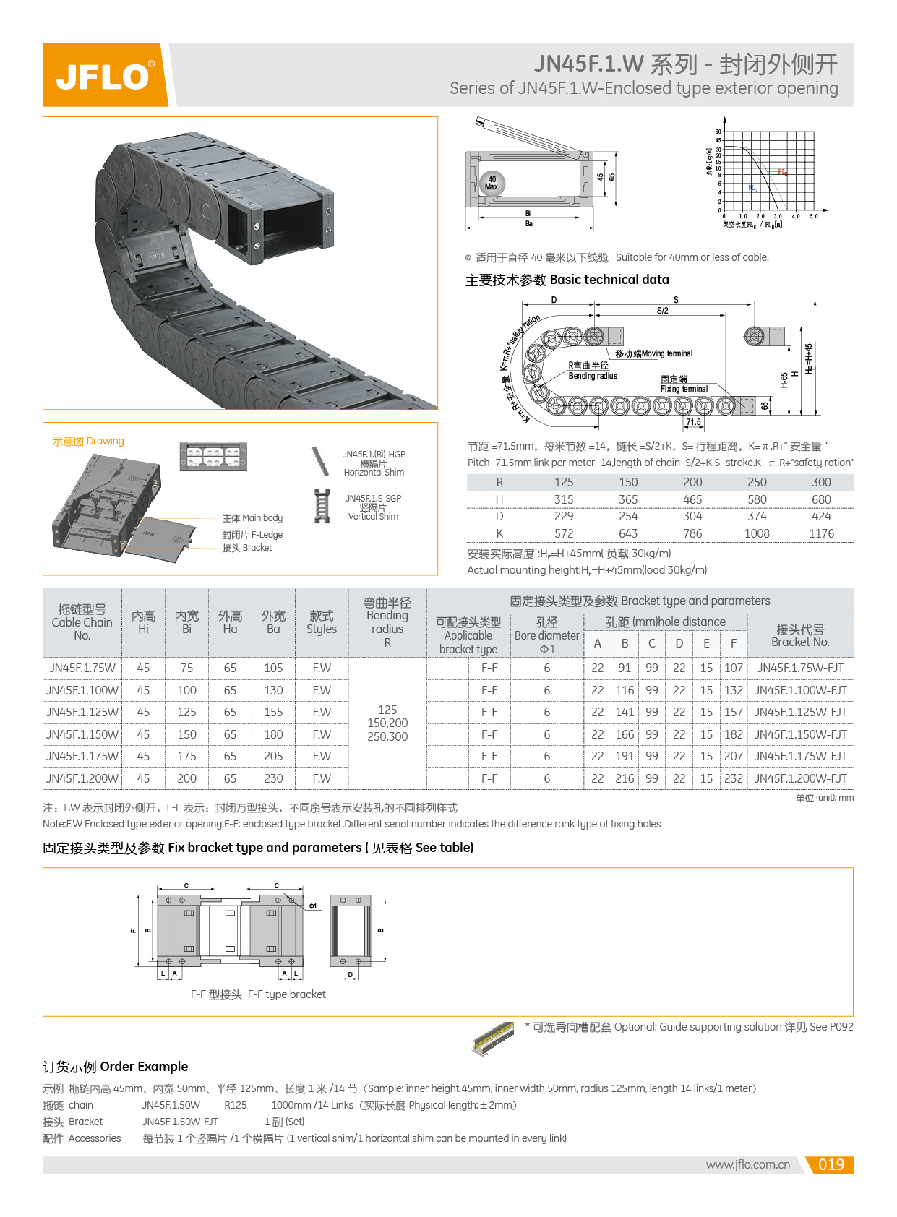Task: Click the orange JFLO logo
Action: [x=104, y=75]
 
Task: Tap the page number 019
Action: [x=831, y=1164]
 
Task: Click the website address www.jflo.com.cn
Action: [x=747, y=1164]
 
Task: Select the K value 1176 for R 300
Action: [x=820, y=533]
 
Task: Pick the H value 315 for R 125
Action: [x=564, y=499]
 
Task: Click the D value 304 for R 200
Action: [x=692, y=516]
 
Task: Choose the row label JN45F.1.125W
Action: [x=82, y=712]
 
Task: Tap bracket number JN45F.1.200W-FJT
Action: [x=800, y=778]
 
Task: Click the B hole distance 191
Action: [x=625, y=756]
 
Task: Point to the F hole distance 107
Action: [x=733, y=668]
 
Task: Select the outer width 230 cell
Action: [x=273, y=778]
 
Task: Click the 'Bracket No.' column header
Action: [x=800, y=635]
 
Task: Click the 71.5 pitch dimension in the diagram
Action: [x=693, y=422]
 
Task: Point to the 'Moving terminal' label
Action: [x=653, y=353]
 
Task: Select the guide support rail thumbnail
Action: [x=493, y=1038]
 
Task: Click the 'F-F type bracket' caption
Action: [x=258, y=994]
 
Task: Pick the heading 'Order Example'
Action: [x=116, y=1067]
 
